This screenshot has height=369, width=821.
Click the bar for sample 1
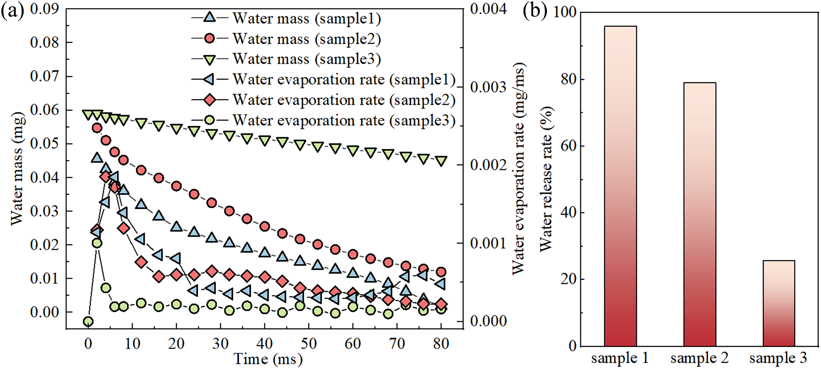point(620,186)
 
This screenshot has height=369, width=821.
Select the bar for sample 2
point(700,214)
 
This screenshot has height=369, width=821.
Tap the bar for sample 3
point(779,303)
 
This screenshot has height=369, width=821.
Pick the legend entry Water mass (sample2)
point(306,39)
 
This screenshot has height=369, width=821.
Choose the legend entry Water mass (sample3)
point(306,59)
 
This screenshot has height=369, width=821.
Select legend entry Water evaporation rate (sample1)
point(344,79)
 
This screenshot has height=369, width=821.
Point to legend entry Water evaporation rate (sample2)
point(344,100)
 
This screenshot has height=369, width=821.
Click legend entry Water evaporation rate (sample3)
point(344,120)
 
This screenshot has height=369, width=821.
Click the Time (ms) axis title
point(268,359)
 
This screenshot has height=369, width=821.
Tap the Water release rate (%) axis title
point(546,179)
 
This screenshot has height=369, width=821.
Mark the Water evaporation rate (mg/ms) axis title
point(519,169)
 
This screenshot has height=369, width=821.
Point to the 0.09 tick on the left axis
point(44,9)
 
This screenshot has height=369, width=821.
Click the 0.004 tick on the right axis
point(488,9)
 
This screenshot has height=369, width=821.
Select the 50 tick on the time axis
point(309,343)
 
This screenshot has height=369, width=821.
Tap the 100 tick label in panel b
point(565,12)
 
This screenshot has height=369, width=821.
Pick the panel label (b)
point(535,11)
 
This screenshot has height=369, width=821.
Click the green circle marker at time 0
point(88,321)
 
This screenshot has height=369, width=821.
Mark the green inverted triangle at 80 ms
point(441,161)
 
